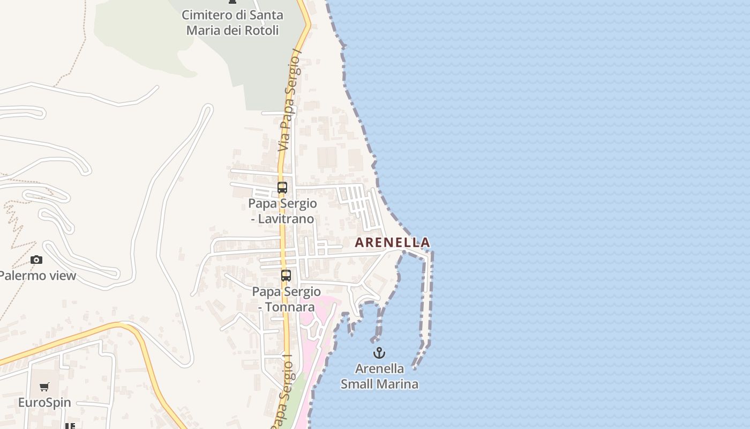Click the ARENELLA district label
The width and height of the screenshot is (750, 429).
click(x=392, y=242)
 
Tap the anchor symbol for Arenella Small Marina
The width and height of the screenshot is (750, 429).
click(x=379, y=353)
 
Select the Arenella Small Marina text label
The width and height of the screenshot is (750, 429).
click(x=379, y=376)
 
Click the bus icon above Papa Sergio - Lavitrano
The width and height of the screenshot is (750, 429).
click(x=282, y=188)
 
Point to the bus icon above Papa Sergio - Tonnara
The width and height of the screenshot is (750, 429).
click(x=286, y=276)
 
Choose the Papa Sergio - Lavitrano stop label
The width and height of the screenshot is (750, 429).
click(x=282, y=211)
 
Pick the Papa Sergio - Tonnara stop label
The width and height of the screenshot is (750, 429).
click(x=286, y=299)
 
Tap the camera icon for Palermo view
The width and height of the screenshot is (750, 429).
click(x=36, y=260)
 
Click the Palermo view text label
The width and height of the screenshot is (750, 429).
click(x=37, y=276)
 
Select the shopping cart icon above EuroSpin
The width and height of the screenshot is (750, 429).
click(x=44, y=387)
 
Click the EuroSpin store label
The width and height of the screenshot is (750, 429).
click(x=44, y=402)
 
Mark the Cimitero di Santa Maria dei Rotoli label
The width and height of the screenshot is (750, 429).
click(x=232, y=23)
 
